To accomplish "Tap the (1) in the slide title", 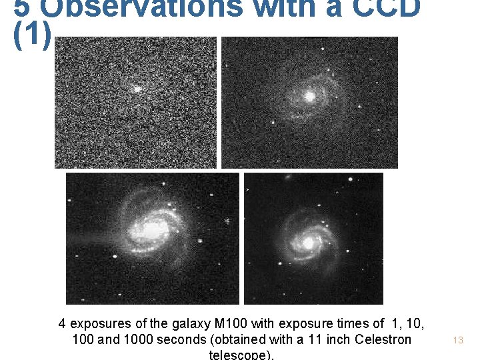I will tap(31, 38).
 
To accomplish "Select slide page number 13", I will tap(458, 340).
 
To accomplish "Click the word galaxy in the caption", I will tap(191, 324).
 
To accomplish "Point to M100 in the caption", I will tap(230, 324).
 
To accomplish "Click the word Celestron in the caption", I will tap(379, 339).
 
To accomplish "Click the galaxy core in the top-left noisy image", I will tap(137, 88).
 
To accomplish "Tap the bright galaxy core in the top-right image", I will tap(309, 97).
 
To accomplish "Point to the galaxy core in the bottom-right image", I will tap(307, 243).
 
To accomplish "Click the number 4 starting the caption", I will tap(62, 324).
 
